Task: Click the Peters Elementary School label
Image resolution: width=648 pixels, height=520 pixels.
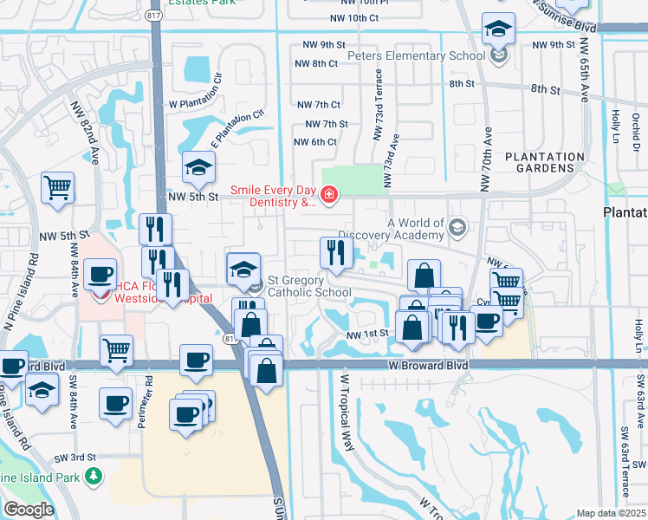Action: coord(416,56)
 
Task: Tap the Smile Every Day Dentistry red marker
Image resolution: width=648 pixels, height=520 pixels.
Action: coord(328,196)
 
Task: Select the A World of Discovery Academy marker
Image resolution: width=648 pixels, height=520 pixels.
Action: coord(457,228)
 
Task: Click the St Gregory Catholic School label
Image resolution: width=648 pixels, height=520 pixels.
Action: coord(308,286)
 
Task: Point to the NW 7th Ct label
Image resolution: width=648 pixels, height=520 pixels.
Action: coord(317,104)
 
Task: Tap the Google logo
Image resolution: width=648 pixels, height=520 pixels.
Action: coord(29,510)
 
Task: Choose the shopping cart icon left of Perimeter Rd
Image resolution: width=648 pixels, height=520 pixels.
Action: coord(116,351)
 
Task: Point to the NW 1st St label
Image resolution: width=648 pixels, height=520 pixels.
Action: coord(365,335)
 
